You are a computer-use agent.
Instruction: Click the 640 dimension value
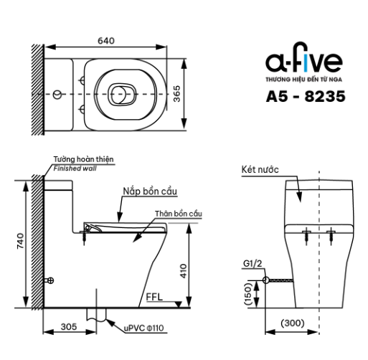(106, 41)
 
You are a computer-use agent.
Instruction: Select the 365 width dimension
(176, 94)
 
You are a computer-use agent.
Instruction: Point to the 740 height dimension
(20, 241)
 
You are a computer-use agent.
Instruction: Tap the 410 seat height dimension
(183, 271)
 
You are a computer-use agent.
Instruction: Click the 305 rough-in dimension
(69, 327)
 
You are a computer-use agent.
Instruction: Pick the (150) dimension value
(247, 294)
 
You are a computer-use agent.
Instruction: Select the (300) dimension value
(293, 323)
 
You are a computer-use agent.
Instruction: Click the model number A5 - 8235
(306, 96)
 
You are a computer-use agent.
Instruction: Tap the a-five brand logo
(304, 58)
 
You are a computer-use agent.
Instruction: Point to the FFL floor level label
(154, 297)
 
